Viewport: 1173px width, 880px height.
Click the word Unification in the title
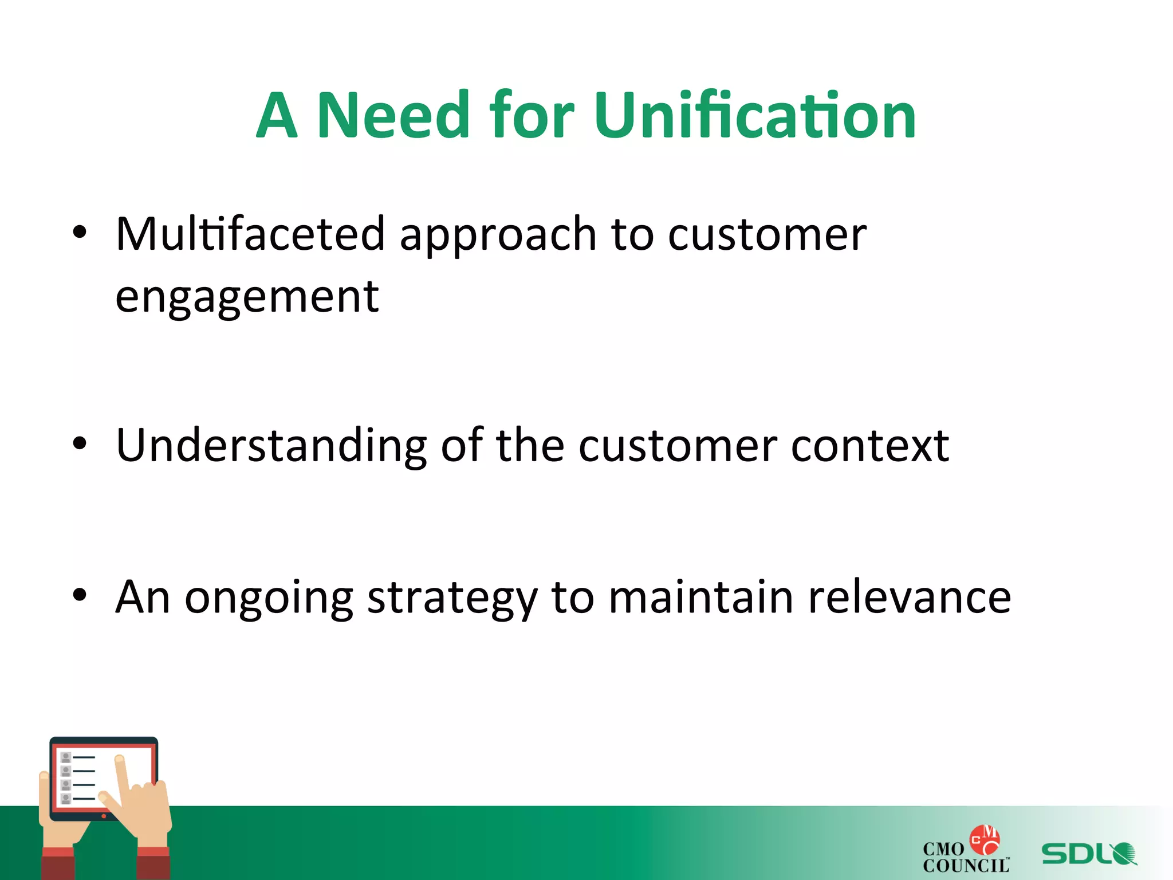tap(755, 116)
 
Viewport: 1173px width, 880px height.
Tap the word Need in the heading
tap(393, 116)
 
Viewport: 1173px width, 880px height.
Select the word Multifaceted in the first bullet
tap(250, 234)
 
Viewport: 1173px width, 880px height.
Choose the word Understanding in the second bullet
tap(271, 446)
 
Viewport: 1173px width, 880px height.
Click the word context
tap(869, 446)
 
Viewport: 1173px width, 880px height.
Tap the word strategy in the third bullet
tap(452, 598)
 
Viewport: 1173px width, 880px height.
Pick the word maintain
tap(700, 597)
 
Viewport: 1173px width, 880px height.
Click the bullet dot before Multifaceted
tap(80, 233)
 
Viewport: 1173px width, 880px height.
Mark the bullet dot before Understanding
tap(80, 443)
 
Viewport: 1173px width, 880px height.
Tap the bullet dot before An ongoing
tap(80, 595)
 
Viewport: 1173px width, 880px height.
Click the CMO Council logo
tap(966, 851)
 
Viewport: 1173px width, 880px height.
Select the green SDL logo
tap(1088, 854)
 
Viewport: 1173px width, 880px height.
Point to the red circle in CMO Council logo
tap(984, 839)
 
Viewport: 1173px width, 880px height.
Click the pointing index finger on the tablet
tap(121, 773)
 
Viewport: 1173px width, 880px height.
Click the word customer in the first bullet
tap(767, 234)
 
